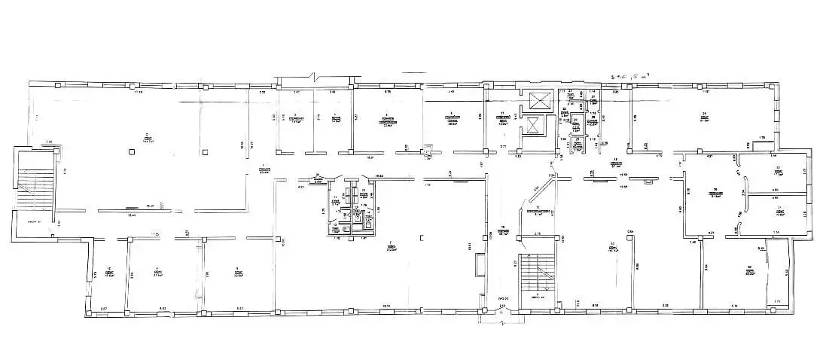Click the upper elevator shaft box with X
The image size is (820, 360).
point(538,100)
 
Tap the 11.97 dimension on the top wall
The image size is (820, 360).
point(706,92)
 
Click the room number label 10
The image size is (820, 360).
point(109,270)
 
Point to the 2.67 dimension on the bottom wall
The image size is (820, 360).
point(104,310)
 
